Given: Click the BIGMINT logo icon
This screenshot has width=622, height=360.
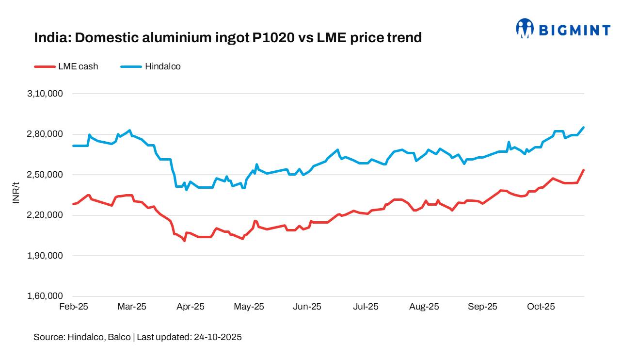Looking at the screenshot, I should point(525,29).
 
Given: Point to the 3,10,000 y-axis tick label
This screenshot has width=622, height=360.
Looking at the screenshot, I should point(46,94).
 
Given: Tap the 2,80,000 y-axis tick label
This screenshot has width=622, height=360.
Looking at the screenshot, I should point(46,134).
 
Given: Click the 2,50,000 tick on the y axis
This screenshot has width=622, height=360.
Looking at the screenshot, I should point(46,175).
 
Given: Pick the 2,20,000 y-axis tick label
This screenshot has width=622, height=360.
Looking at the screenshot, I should point(46,215).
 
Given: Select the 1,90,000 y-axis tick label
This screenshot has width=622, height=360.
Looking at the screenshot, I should point(46,256).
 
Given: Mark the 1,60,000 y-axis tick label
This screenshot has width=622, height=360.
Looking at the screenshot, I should point(46,296).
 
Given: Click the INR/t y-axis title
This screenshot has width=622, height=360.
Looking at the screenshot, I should point(16,193).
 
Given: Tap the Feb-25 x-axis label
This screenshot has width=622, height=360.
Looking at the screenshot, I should point(73,307).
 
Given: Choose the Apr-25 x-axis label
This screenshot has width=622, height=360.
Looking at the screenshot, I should point(191,307).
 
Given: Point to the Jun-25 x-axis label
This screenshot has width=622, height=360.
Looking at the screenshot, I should point(307,307).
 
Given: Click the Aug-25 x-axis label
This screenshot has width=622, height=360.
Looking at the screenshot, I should point(424,307).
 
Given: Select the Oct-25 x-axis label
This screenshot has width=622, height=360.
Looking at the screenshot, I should point(541,307).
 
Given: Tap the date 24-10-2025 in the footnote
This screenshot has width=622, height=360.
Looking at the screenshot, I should point(217,337).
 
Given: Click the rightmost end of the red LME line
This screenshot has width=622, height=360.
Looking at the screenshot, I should point(584,170).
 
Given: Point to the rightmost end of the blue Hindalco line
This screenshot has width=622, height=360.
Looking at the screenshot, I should point(584,127).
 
